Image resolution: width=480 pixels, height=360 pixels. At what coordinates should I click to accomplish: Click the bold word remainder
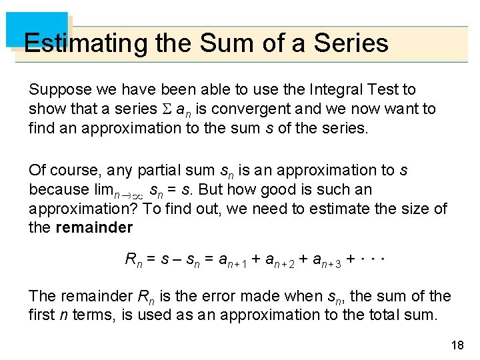pos(94,228)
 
